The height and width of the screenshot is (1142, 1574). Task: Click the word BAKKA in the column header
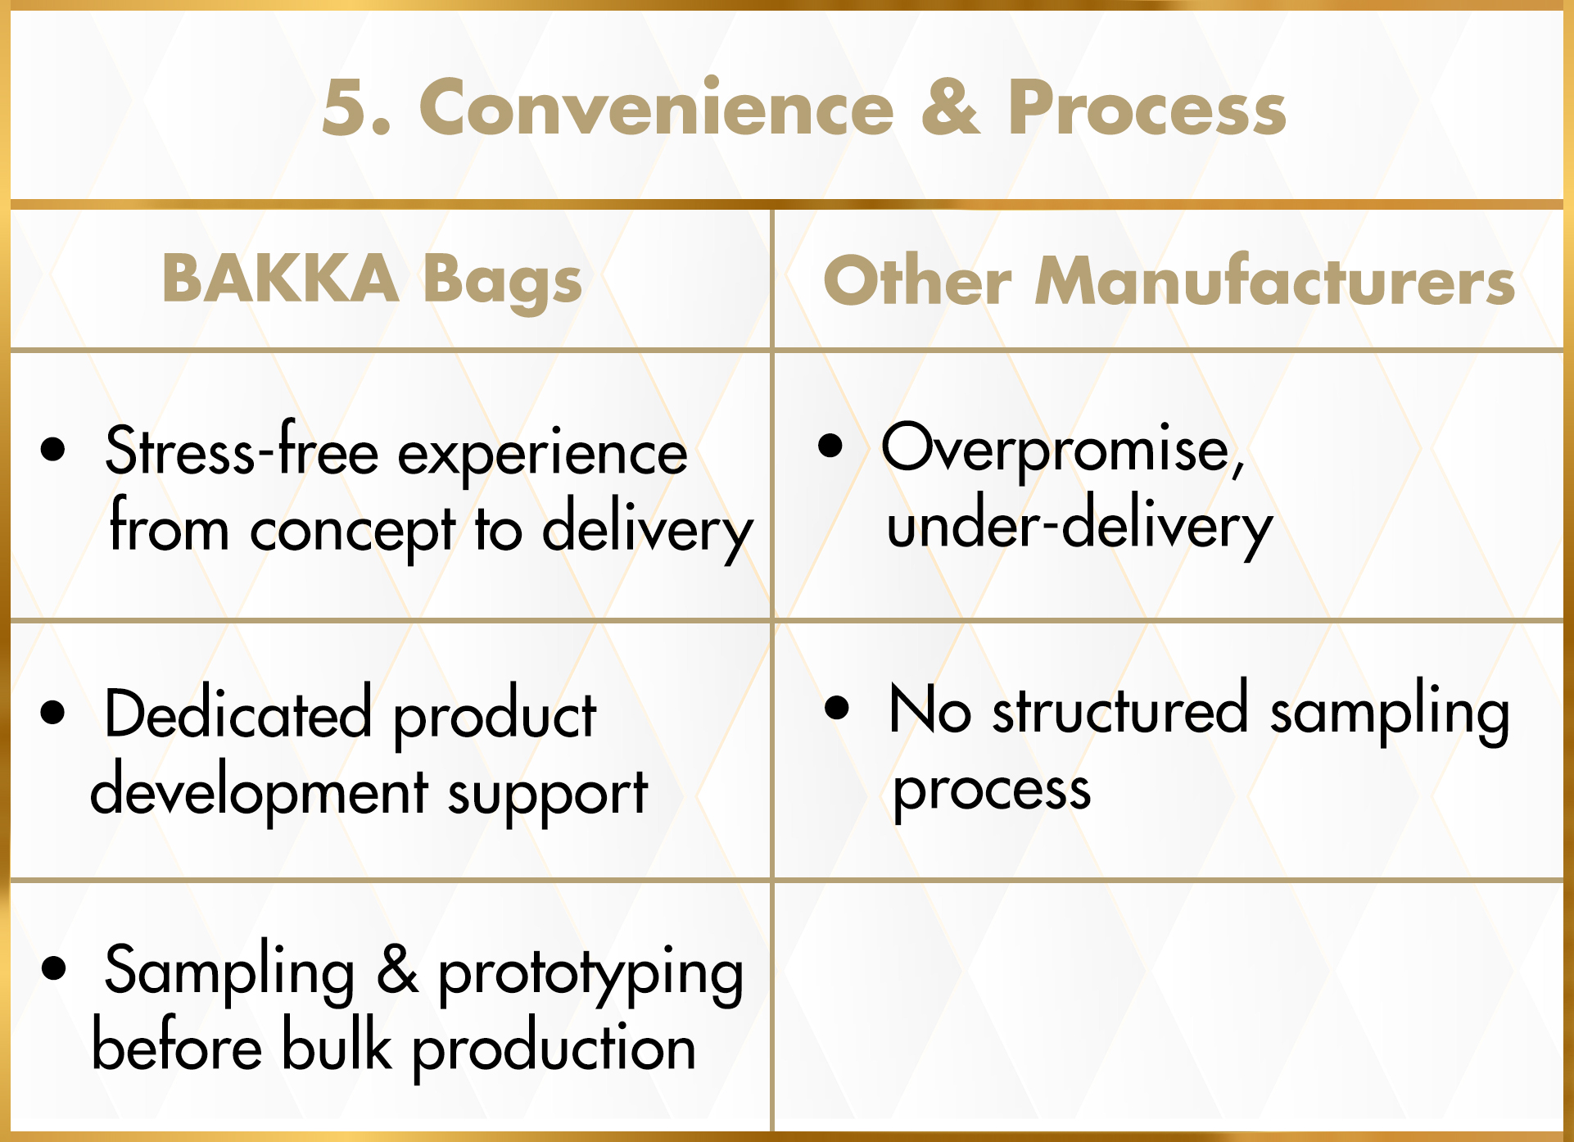[x=280, y=278]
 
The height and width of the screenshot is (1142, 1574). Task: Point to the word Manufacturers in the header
[x=1275, y=281]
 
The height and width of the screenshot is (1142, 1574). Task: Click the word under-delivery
[x=1079, y=527]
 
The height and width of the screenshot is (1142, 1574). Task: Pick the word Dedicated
[x=238, y=712]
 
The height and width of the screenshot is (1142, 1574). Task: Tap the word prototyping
[x=590, y=972]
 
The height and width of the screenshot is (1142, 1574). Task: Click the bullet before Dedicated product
[x=52, y=712]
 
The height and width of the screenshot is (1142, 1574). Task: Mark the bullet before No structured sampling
[x=837, y=707]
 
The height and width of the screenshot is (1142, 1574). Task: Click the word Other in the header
[x=917, y=281]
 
